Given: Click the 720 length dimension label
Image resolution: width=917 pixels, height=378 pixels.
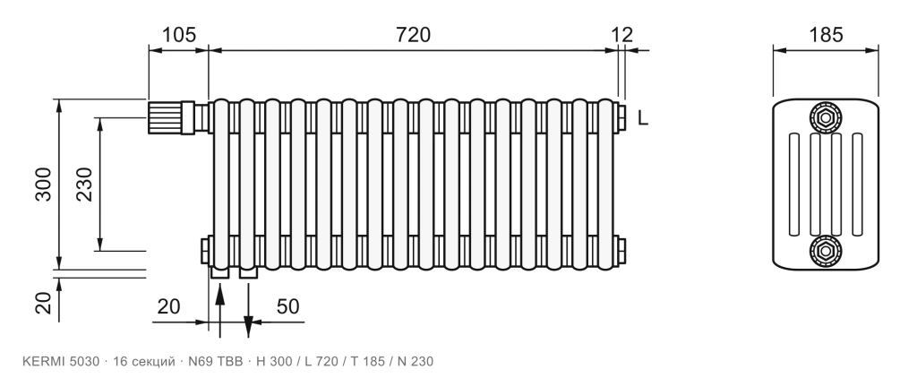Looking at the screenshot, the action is pyautogui.click(x=413, y=35).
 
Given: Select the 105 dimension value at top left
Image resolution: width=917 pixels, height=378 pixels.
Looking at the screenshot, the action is pyautogui.click(x=178, y=35).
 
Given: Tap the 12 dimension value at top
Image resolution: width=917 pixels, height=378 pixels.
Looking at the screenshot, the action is pyautogui.click(x=622, y=35).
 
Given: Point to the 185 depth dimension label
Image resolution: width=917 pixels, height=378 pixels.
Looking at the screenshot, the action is pyautogui.click(x=826, y=35).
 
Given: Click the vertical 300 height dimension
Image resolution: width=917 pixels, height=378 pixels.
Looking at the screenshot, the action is pyautogui.click(x=43, y=185).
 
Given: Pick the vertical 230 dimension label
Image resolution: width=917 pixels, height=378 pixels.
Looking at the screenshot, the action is pyautogui.click(x=85, y=185).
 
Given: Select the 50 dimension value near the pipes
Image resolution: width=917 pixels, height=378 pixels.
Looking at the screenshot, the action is pyautogui.click(x=287, y=306).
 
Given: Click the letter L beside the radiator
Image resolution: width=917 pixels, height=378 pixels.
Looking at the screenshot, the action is pyautogui.click(x=643, y=119).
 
